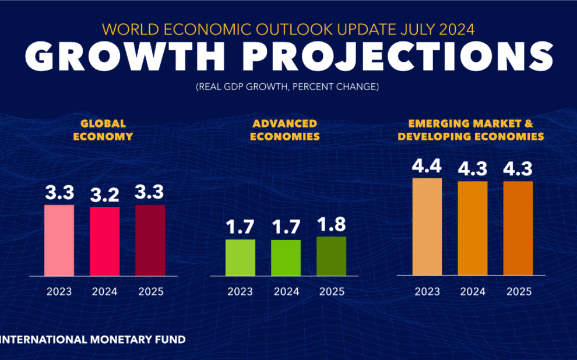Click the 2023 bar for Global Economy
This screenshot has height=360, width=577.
(59, 240)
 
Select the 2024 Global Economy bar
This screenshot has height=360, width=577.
(105, 241)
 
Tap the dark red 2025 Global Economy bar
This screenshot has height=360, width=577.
(150, 240)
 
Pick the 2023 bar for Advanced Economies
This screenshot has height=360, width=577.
(240, 257)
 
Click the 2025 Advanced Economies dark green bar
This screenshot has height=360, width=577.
(331, 256)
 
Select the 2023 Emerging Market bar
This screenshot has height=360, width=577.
(427, 227)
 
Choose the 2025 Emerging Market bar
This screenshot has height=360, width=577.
(518, 228)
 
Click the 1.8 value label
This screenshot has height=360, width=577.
(331, 225)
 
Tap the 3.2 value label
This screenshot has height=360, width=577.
(105, 195)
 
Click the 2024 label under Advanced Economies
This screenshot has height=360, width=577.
(286, 291)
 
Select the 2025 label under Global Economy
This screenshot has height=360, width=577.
(150, 291)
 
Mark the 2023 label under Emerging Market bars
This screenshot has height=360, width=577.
(427, 291)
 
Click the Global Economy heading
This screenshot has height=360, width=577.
(103, 130)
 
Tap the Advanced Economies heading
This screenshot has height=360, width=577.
(284, 130)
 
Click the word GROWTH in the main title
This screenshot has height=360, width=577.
(125, 57)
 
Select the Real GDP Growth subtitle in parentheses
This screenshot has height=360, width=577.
(287, 87)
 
